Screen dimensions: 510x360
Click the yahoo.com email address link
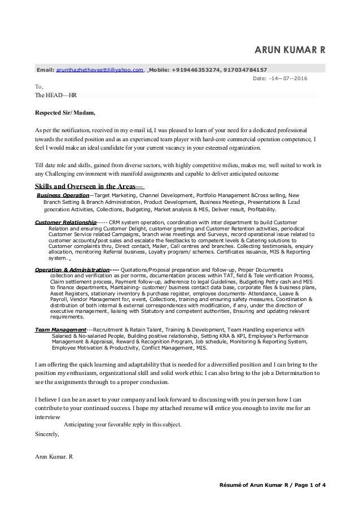tap(99, 69)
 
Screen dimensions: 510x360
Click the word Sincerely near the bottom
tap(47, 435)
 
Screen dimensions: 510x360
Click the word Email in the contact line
tap(45, 69)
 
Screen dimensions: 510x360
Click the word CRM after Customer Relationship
tap(115, 223)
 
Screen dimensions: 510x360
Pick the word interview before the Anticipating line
tap(47, 417)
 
